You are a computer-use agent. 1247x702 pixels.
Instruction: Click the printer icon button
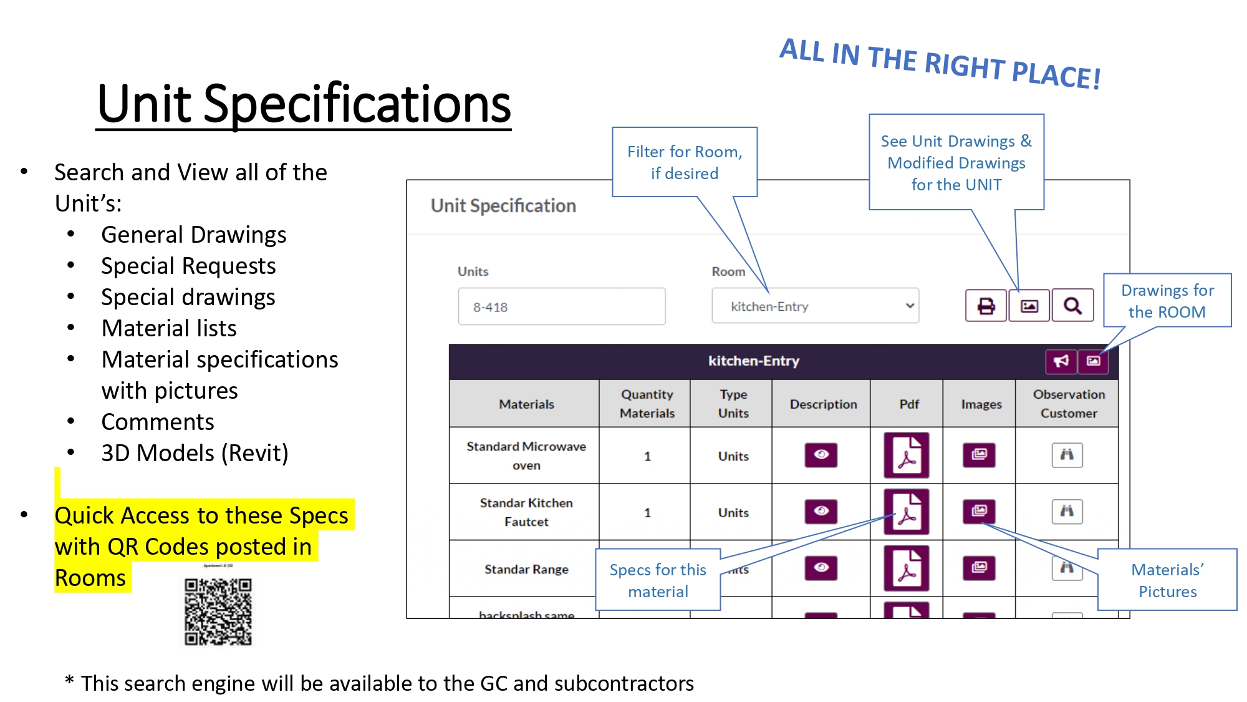(986, 306)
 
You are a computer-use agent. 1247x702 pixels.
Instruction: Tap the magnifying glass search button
(1072, 306)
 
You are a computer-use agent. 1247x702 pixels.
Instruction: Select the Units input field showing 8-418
(561, 306)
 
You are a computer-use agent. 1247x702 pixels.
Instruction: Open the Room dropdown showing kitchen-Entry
(815, 306)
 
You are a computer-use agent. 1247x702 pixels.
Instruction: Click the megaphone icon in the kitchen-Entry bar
(1061, 361)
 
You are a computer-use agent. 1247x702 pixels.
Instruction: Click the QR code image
(218, 612)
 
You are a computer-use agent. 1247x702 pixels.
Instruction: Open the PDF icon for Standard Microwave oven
(907, 456)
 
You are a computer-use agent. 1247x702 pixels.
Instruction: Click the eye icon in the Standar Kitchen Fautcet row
(821, 512)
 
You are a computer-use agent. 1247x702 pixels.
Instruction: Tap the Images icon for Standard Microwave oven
(979, 455)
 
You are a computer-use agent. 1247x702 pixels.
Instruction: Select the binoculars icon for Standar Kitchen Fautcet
(1067, 512)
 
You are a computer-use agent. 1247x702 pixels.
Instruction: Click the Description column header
(823, 404)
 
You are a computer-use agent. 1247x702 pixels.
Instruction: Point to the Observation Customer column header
(1069, 404)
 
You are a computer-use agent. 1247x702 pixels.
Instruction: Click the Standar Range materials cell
(526, 569)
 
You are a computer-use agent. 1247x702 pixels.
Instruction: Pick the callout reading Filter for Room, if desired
(685, 162)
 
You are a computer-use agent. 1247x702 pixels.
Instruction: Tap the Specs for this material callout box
(658, 580)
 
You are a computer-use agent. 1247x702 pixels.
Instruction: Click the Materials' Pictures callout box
(1167, 580)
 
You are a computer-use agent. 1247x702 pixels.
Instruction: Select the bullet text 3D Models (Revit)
(195, 454)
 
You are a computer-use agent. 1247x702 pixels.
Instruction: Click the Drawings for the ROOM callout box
(1167, 301)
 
